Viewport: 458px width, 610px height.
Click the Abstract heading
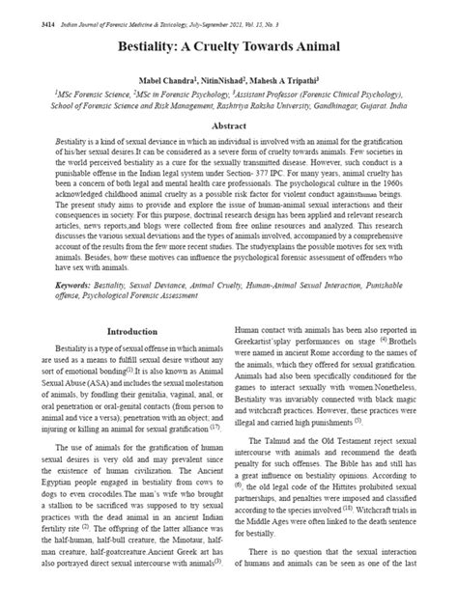pyautogui.click(x=229, y=126)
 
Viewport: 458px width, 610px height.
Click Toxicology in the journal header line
pyautogui.click(x=181, y=8)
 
